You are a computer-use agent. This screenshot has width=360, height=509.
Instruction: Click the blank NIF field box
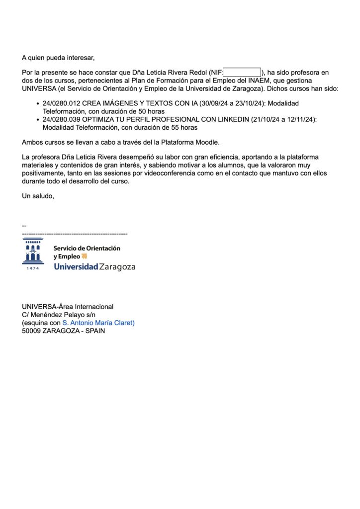[242, 73]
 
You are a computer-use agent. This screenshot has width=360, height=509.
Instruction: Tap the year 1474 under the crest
[32, 268]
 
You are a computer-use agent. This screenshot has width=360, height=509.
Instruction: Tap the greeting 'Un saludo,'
[38, 196]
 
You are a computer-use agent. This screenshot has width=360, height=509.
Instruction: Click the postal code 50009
[31, 331]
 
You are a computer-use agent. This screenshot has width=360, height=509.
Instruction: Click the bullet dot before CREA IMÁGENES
[38, 103]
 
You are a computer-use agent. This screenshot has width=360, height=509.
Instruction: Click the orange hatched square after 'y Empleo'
[84, 256]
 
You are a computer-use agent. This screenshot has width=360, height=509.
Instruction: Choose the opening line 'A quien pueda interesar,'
[58, 58]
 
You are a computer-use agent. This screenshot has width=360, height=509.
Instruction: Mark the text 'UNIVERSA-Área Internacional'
[68, 307]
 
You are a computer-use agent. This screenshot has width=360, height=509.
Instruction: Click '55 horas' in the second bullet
[184, 127]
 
